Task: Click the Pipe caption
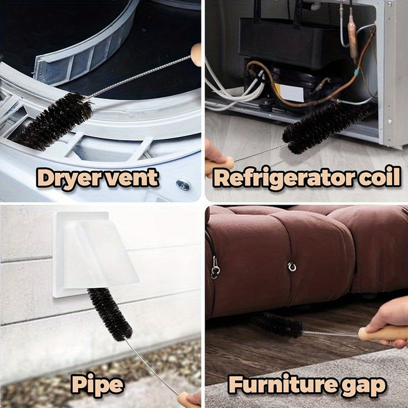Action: point(97,385)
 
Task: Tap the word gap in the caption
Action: point(363,386)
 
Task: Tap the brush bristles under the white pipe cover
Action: point(109,314)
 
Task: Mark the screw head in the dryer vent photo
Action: point(182,184)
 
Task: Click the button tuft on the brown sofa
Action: point(292,266)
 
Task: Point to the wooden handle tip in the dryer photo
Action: point(196,54)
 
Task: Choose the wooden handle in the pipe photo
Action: point(188,399)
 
